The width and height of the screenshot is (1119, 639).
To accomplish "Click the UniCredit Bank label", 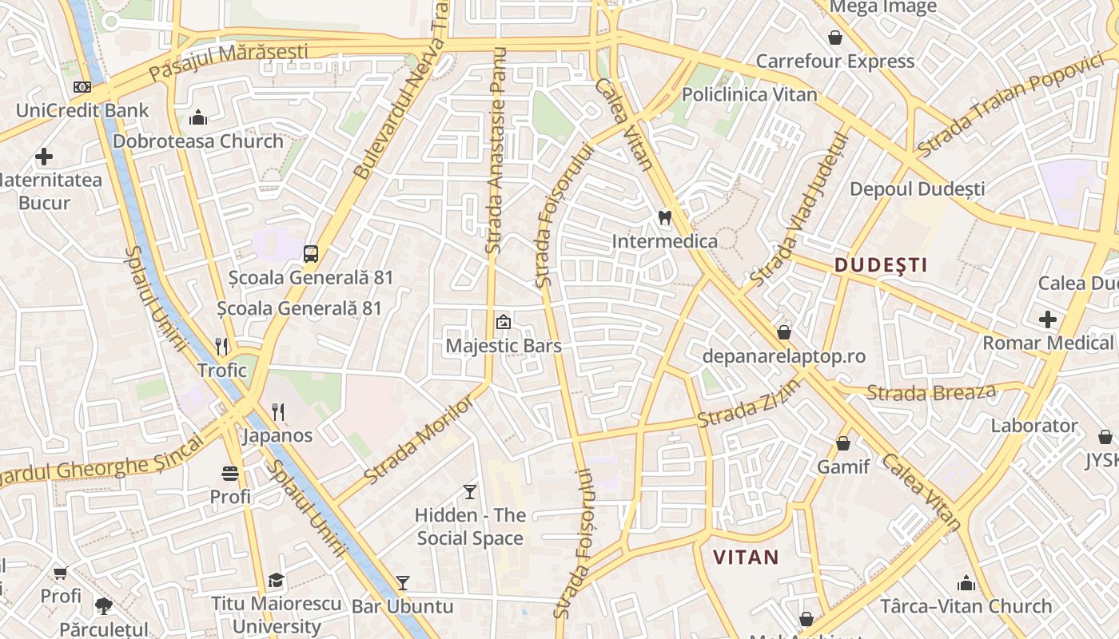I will point(82,110).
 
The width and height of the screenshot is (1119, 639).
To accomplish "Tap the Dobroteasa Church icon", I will point(198,118).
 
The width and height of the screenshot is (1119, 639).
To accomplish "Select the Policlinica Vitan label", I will point(749,94).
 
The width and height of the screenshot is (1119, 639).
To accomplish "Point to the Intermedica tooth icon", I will point(663,217).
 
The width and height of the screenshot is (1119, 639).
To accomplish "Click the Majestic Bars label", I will point(504,346).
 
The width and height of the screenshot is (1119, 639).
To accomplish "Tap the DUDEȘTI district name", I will point(880,265).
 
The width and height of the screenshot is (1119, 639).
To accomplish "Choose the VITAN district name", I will point(745,557).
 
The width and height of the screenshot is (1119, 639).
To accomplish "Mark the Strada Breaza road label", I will point(931,392).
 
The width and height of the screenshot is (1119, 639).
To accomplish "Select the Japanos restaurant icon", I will point(278,412).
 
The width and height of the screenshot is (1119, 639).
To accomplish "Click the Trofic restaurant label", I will point(222,370).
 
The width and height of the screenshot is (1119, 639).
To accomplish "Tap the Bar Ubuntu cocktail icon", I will point(403,583).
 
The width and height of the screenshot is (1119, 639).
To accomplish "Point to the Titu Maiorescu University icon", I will point(276,580).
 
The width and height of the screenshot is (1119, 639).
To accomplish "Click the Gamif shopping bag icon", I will point(843,443).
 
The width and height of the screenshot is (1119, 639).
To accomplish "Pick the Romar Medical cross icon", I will point(1047,319).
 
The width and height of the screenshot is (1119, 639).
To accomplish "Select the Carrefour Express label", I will point(834,62).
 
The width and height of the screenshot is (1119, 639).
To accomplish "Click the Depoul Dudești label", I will point(917,189).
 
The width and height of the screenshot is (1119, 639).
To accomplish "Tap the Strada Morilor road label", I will point(419,440).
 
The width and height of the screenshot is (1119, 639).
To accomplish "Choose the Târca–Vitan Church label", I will point(966,606).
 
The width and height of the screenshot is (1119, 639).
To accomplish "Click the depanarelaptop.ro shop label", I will point(783,356).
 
